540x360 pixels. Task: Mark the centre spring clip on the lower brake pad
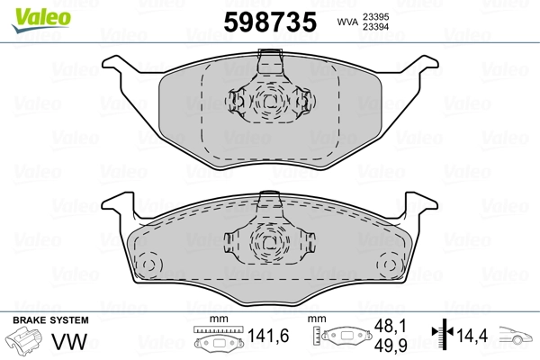[x=269, y=238]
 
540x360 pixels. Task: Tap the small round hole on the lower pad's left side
[x=148, y=266]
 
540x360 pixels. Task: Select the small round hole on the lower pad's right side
[x=390, y=266]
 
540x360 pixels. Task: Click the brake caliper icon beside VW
[x=26, y=343]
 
